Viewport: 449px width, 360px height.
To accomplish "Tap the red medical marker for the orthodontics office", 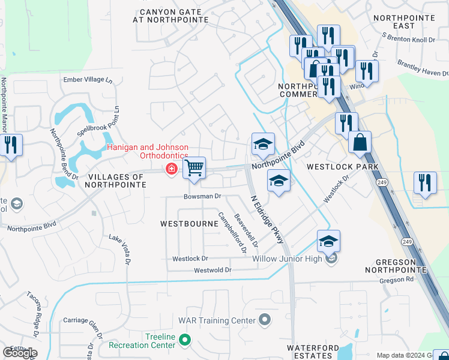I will click(172, 170).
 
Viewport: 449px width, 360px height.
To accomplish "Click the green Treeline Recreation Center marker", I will click(185, 341).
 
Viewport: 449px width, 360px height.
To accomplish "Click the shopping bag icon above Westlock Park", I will click(360, 143).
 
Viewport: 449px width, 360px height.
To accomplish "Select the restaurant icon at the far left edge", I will click(11, 145).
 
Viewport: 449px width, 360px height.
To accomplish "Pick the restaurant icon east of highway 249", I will click(425, 183).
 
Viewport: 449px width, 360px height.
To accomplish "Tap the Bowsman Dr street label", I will click(203, 196).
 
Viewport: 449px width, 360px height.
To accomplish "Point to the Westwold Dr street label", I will click(212, 271).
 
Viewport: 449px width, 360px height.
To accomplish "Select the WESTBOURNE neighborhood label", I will click(189, 223).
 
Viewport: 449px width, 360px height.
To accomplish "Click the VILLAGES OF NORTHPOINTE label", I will click(117, 181).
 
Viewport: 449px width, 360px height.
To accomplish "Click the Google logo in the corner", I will click(20, 353).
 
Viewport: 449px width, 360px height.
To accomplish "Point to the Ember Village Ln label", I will click(88, 80).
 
